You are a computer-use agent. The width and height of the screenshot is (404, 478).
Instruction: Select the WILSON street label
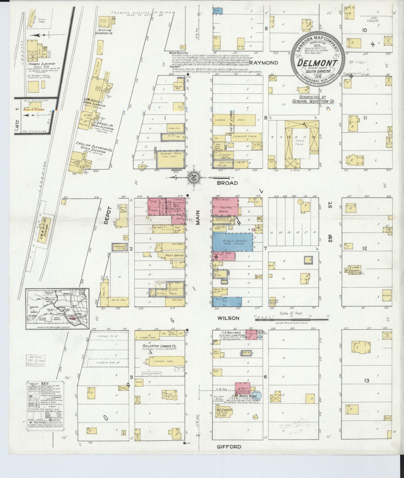229,318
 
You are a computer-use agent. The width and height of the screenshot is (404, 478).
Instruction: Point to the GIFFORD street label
229,447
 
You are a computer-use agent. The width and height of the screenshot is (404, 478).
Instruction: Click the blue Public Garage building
233,242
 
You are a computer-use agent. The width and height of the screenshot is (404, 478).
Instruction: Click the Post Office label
174,255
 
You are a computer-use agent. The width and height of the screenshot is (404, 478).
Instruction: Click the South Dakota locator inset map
57,309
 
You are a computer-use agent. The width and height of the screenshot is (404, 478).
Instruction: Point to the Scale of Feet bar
291,318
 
